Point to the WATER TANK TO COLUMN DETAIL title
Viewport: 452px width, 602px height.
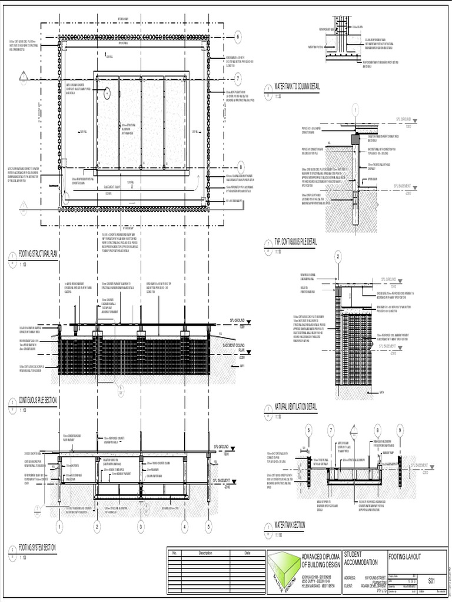297,86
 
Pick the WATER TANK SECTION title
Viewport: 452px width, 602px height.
290,523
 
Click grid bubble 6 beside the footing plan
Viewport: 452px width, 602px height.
238,36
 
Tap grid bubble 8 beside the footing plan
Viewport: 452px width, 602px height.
240,166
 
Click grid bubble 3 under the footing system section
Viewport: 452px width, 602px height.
141,527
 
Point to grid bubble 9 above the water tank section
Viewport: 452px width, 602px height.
400,430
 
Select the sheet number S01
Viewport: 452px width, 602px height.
432,580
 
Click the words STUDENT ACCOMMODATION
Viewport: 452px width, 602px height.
361,557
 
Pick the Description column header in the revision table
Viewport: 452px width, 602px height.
205,553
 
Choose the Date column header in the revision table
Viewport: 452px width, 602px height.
247,553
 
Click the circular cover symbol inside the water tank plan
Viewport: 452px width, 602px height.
107,92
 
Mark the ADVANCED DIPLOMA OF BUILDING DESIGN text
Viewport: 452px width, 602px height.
320,560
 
